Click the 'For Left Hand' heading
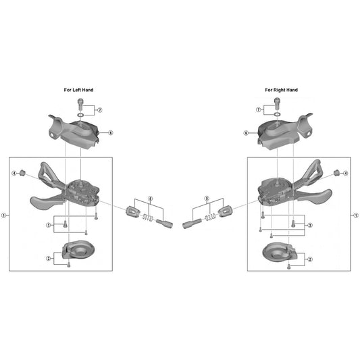coord(78,90)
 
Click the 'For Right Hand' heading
coord(281,90)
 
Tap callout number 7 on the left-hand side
coord(100,110)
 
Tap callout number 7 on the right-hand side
coord(259,109)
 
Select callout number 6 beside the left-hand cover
coord(111,132)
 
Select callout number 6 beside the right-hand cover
coord(246,133)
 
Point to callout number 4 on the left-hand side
coord(14,174)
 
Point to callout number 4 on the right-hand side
coord(346,174)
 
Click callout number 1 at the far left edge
coord(3,215)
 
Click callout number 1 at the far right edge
coord(356,215)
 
